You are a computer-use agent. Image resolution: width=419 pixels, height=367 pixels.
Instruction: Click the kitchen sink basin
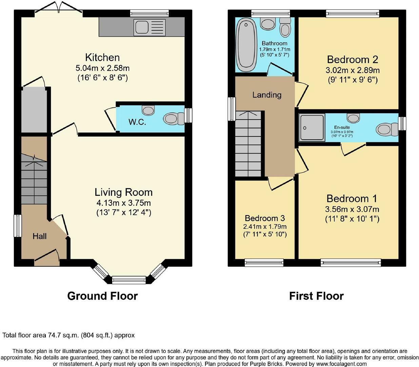click(x=142, y=27)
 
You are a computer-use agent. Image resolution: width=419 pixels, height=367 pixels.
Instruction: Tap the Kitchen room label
click(x=102, y=57)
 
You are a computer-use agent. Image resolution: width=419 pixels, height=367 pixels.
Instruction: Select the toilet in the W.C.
click(x=174, y=119)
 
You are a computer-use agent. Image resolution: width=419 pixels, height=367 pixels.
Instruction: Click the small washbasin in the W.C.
click(x=148, y=110)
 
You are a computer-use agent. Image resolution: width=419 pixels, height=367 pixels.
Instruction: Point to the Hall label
click(x=40, y=236)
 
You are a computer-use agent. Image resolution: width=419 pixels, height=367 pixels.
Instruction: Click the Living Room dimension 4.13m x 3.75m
click(x=124, y=203)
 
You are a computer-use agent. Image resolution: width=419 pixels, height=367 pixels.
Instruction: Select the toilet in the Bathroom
click(x=285, y=28)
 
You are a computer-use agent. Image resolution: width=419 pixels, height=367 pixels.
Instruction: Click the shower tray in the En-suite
click(x=312, y=128)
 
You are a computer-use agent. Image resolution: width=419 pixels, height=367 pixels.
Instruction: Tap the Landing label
click(x=267, y=95)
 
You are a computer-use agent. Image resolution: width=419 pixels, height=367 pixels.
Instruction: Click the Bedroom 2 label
click(x=353, y=59)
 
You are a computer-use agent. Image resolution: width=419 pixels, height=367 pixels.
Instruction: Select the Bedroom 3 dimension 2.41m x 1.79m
click(x=265, y=227)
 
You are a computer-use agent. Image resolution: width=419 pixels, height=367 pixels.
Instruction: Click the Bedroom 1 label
click(x=352, y=198)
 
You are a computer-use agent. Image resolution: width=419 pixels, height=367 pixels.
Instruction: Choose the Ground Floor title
click(x=102, y=296)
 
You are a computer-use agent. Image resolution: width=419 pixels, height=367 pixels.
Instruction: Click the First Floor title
click(x=316, y=296)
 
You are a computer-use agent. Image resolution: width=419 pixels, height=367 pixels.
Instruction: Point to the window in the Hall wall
click(x=18, y=226)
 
